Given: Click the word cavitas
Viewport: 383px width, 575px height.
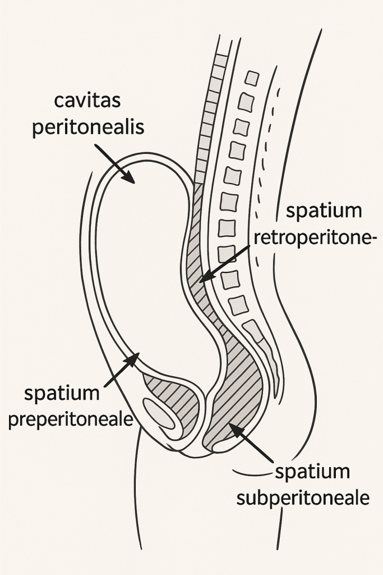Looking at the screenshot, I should (87, 102).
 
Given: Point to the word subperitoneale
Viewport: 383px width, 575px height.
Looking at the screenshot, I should (303, 498).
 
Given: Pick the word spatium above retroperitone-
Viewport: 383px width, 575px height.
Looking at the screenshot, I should (324, 212).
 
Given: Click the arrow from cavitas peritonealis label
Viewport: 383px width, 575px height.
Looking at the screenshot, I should (115, 163).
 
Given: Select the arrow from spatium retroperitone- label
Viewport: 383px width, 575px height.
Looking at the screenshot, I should (224, 263).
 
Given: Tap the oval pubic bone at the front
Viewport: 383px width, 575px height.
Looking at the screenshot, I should (163, 415).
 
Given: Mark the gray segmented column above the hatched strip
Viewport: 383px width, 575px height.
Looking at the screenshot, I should (210, 112).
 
